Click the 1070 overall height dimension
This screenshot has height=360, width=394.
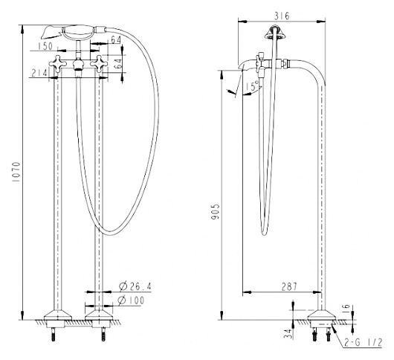16,173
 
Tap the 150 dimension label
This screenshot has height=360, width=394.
45,46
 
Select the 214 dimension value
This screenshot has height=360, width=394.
39,73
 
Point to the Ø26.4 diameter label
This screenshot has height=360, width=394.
135,286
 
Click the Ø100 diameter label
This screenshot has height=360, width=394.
132,300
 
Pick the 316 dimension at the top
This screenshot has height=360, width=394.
282,16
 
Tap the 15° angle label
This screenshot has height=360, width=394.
252,86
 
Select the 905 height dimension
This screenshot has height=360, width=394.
216,211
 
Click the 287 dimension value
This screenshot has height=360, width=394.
289,286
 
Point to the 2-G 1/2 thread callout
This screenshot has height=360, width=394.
363,342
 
